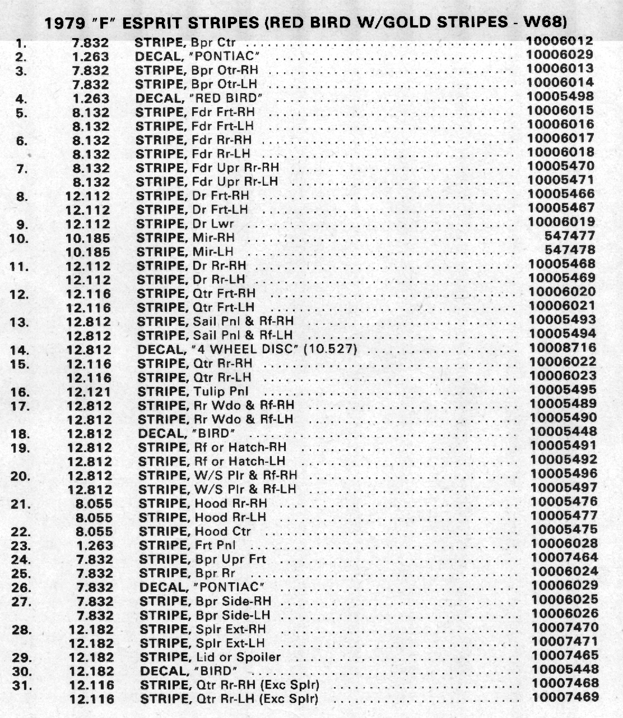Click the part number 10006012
point(560,41)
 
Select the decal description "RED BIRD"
point(199,98)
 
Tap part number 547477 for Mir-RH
point(569,236)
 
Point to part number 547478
point(569,250)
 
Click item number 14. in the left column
point(20,350)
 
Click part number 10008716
point(562,348)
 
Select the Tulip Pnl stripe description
point(193,392)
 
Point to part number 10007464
point(564,558)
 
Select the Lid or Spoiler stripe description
point(210,657)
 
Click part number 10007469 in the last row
point(565,697)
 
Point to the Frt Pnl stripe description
point(187,545)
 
